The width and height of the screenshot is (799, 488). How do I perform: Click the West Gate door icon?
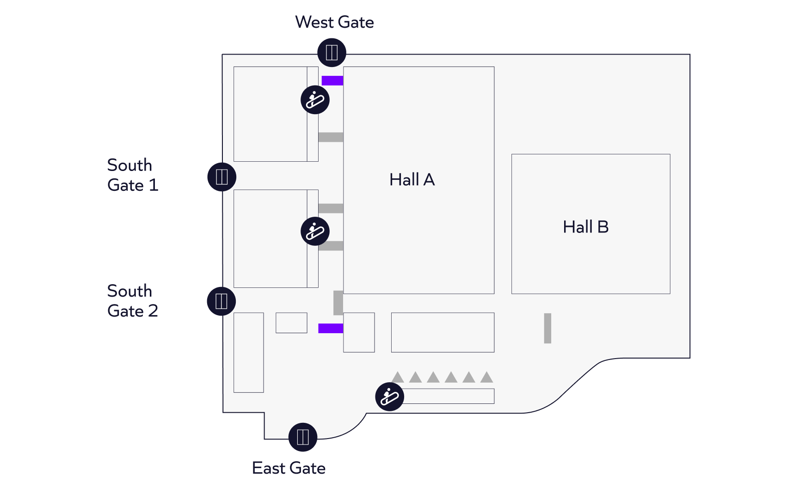tap(332, 52)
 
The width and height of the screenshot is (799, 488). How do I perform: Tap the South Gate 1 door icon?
tap(222, 177)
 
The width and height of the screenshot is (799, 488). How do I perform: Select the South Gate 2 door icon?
tap(221, 301)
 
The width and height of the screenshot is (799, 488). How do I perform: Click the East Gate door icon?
tap(303, 437)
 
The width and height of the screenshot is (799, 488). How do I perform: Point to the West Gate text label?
tap(334, 22)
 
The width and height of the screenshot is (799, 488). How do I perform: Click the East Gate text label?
tap(289, 468)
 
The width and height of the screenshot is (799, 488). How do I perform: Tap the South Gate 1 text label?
tap(133, 175)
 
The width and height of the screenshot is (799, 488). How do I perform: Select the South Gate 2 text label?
tap(133, 301)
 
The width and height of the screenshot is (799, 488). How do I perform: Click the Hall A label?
tap(412, 180)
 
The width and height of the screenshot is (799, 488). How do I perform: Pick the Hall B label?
tap(586, 227)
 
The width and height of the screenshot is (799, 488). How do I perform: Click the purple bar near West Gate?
tap(332, 80)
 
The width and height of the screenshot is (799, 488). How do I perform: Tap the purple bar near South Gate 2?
tap(331, 328)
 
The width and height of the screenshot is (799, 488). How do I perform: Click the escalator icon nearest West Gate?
tap(315, 100)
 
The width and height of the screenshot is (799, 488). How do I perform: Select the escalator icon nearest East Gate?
tap(389, 396)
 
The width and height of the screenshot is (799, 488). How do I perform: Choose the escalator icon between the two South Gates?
tap(315, 231)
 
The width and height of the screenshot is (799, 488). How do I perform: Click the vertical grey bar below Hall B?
tap(547, 328)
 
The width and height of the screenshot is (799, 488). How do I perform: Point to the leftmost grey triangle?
tap(398, 377)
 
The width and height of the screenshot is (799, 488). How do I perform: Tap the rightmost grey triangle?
tap(486, 377)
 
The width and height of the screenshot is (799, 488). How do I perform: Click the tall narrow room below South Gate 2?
tap(249, 353)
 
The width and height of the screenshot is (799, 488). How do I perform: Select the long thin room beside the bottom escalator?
tap(449, 396)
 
